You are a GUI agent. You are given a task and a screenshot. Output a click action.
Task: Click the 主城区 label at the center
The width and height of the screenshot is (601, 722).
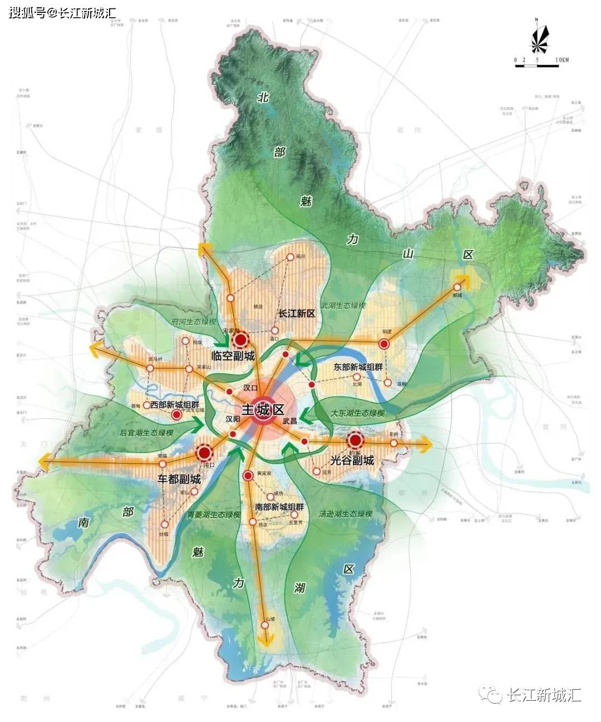[263, 411]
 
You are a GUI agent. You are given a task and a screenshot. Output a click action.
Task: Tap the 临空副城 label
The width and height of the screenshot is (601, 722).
[233, 356]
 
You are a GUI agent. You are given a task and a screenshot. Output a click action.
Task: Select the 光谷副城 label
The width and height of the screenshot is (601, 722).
[352, 460]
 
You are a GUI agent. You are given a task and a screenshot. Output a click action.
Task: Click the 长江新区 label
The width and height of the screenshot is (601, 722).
[297, 314]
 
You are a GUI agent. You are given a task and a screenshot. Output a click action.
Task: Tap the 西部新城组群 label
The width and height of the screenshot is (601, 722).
[175, 404]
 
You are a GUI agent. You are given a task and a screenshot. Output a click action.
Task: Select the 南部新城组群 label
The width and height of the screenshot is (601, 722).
[279, 507]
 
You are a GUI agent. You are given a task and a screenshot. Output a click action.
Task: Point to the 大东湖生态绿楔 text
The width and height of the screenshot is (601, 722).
[357, 413]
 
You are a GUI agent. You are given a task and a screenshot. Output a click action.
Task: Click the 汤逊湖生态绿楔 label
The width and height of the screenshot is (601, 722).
[345, 514]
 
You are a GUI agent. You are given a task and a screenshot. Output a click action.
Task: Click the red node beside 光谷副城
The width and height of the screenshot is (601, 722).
[355, 441]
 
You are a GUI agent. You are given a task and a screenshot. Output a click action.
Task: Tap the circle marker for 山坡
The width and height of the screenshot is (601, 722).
[265, 625]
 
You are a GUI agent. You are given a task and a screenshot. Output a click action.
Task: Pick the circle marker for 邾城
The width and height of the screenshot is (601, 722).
[457, 287]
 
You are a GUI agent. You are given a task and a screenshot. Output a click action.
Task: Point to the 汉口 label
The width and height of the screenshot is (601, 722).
[251, 388]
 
